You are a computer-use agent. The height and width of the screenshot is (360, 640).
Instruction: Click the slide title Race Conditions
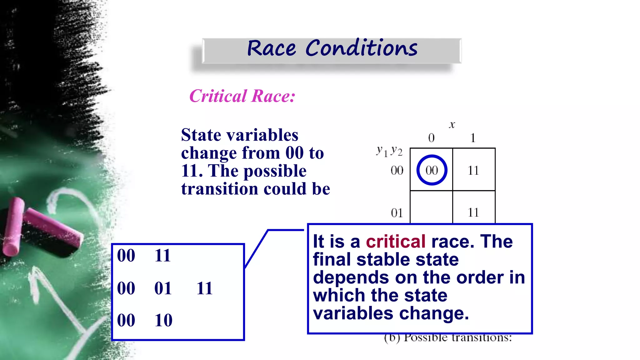pos(332,49)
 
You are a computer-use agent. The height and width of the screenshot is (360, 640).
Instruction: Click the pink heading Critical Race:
pos(242,96)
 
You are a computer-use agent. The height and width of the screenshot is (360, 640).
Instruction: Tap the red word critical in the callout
pos(396,242)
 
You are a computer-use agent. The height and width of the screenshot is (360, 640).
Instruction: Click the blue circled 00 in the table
pos(432,170)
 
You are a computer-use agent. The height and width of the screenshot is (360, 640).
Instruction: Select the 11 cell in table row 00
pos(473,170)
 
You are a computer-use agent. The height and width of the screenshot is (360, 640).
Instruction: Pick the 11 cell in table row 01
pos(473,212)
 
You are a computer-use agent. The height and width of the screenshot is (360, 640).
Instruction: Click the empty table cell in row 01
pos(431,207)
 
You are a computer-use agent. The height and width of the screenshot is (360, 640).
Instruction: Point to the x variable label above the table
pos(452,125)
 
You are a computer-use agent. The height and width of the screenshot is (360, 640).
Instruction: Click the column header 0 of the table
pos(431,138)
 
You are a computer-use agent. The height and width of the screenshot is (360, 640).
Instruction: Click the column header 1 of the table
pos(473,138)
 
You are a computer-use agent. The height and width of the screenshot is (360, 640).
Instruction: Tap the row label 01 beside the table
pos(397,213)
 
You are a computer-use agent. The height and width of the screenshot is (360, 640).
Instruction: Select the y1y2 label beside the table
pos(389,151)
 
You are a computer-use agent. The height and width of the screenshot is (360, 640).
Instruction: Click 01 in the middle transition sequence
pos(163,288)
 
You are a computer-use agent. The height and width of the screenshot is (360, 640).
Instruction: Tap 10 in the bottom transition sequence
pos(163,320)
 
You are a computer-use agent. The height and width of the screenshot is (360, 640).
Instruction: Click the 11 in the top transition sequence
pos(162,256)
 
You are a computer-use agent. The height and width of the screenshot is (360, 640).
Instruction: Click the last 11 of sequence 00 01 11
pos(205,288)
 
